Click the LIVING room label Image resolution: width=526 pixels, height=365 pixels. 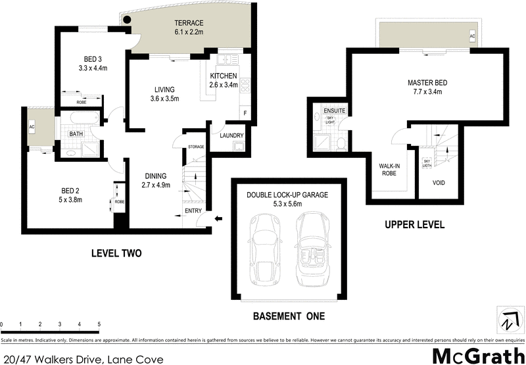pyautogui.click(x=164, y=89)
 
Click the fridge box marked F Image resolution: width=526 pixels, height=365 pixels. pyautogui.click(x=245, y=113)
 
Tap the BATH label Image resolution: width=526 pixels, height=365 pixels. pyautogui.click(x=77, y=134)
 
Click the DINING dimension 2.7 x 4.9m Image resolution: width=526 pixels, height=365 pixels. pyautogui.click(x=156, y=185)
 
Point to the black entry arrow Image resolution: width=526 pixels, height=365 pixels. pyautogui.click(x=219, y=219)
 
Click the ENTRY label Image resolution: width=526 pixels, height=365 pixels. pyautogui.click(x=193, y=210)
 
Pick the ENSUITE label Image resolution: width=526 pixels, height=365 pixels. pyautogui.click(x=333, y=110)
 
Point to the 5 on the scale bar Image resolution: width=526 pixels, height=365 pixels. pyautogui.click(x=99, y=324)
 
